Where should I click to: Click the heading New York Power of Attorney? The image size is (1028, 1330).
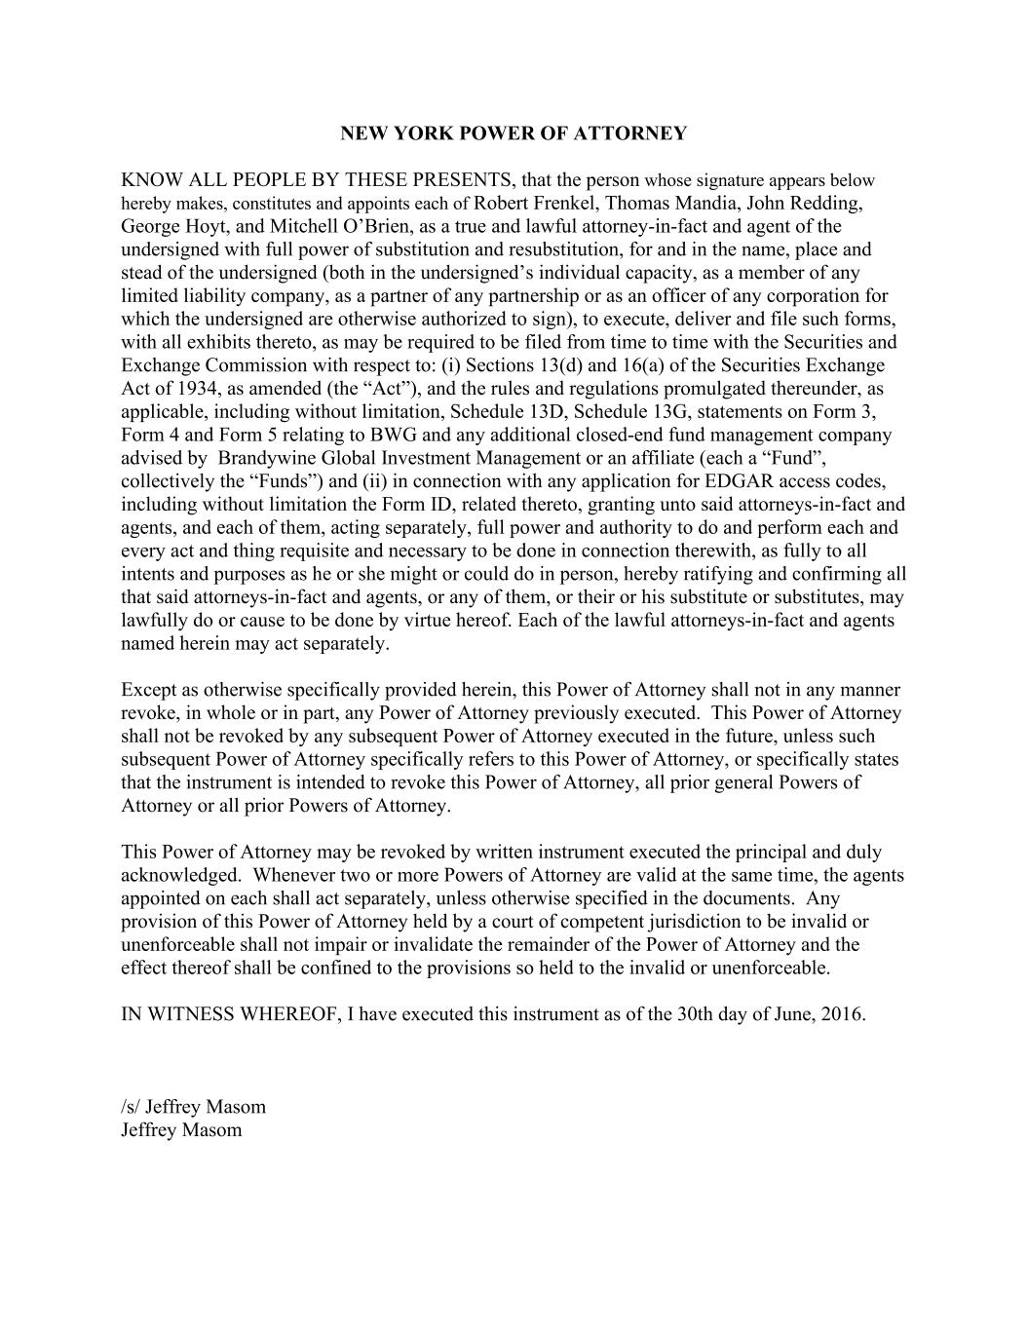pyautogui.click(x=514, y=133)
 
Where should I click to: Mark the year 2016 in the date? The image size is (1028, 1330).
pyautogui.click(x=842, y=1014)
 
